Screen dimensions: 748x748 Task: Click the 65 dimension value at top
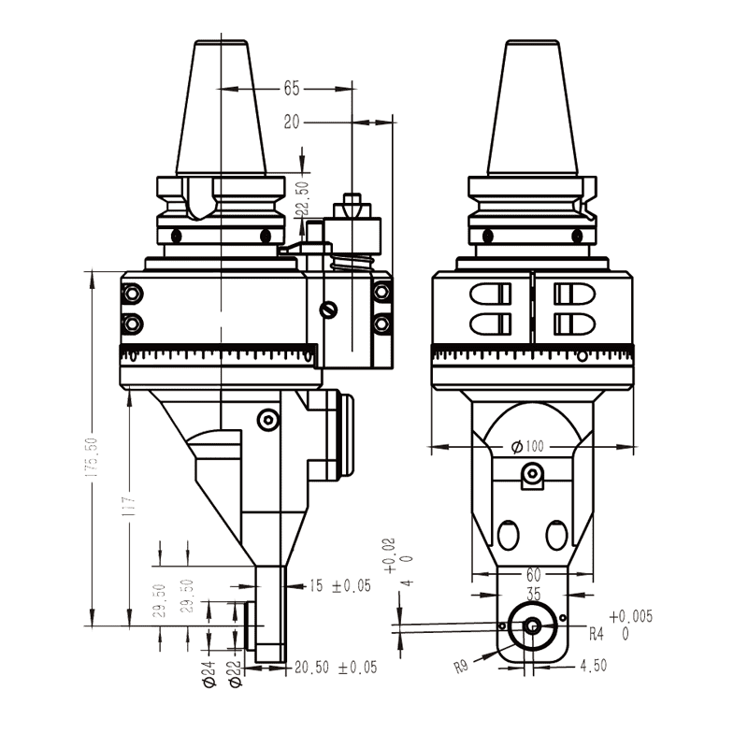[291, 89]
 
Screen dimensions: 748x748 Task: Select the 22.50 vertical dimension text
[302, 199]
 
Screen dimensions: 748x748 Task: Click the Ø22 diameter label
[236, 674]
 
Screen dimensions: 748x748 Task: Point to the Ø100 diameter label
[527, 446]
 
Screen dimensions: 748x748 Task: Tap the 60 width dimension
[533, 573]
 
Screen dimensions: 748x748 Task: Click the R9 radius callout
[461, 667]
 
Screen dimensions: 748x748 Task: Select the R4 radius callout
[597, 633]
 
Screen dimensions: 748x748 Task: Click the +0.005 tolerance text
[630, 616]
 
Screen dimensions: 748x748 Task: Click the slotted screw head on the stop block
[327, 310]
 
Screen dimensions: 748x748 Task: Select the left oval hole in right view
[510, 535]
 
